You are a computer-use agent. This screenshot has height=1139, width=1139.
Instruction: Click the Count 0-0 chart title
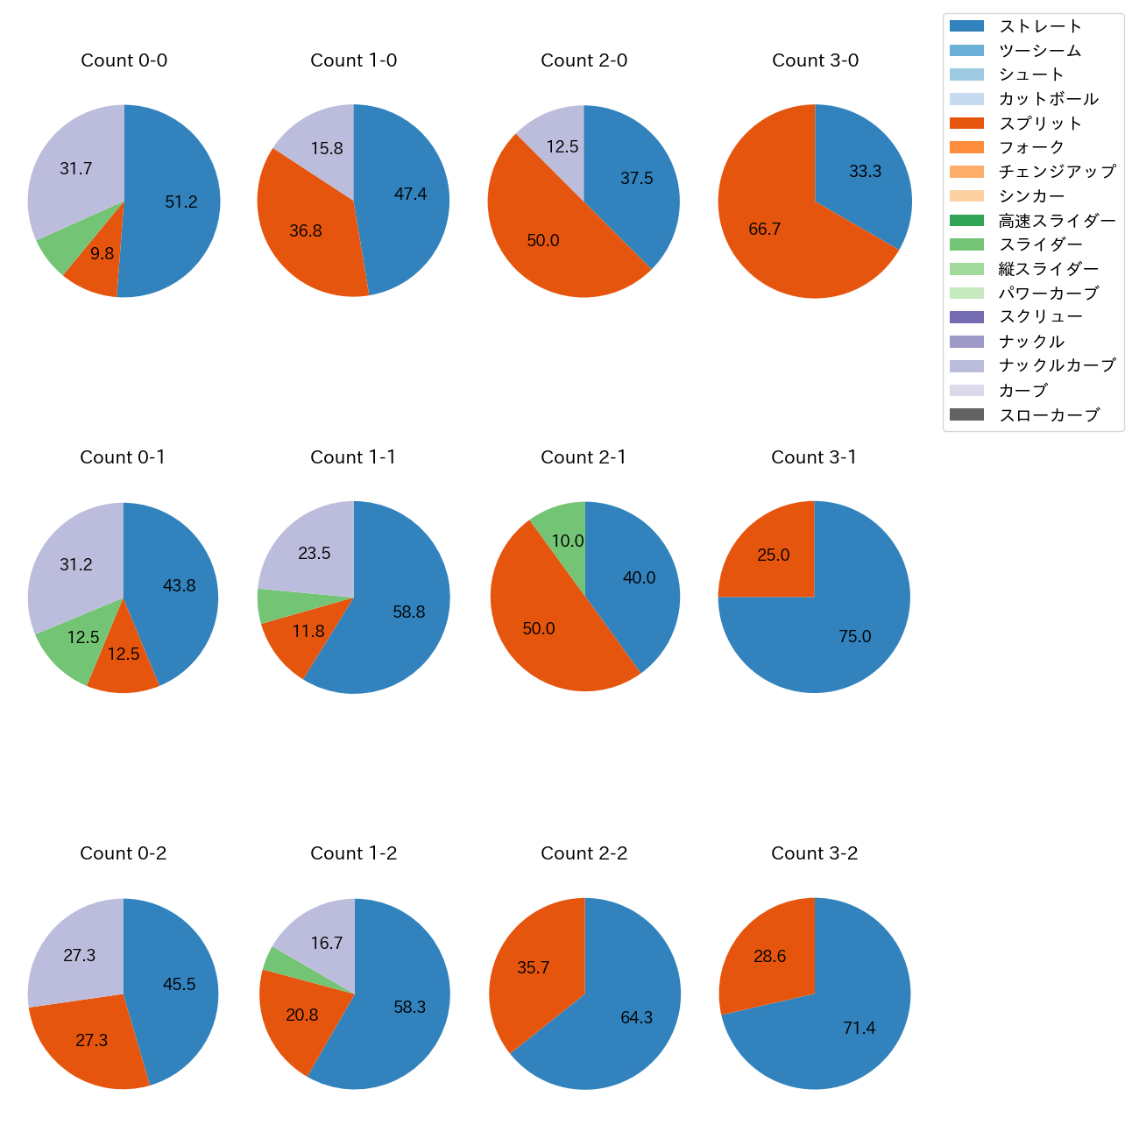124,60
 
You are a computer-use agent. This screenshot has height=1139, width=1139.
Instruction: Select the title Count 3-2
814,853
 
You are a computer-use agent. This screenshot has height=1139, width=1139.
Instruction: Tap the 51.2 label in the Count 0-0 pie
181,202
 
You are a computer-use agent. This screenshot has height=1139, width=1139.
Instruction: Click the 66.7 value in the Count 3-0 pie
764,230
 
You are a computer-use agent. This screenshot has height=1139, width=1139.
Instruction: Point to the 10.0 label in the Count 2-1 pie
567,541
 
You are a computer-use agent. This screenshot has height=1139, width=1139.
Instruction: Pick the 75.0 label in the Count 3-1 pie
854,637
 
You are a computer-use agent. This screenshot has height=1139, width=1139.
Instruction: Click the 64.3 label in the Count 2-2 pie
636,1018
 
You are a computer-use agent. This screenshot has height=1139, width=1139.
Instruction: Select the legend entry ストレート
1040,26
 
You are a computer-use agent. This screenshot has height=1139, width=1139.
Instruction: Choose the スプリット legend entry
1040,124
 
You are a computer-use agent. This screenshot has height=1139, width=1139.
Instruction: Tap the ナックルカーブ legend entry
1057,365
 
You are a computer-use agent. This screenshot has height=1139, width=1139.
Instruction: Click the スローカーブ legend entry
1049,415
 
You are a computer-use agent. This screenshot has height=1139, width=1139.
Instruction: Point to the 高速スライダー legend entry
1057,221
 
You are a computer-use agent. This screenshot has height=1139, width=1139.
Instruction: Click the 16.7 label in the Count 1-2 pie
326,944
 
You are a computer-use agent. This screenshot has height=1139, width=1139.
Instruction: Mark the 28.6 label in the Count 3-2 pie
769,957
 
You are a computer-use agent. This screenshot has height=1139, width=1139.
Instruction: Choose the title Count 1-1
353,457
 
